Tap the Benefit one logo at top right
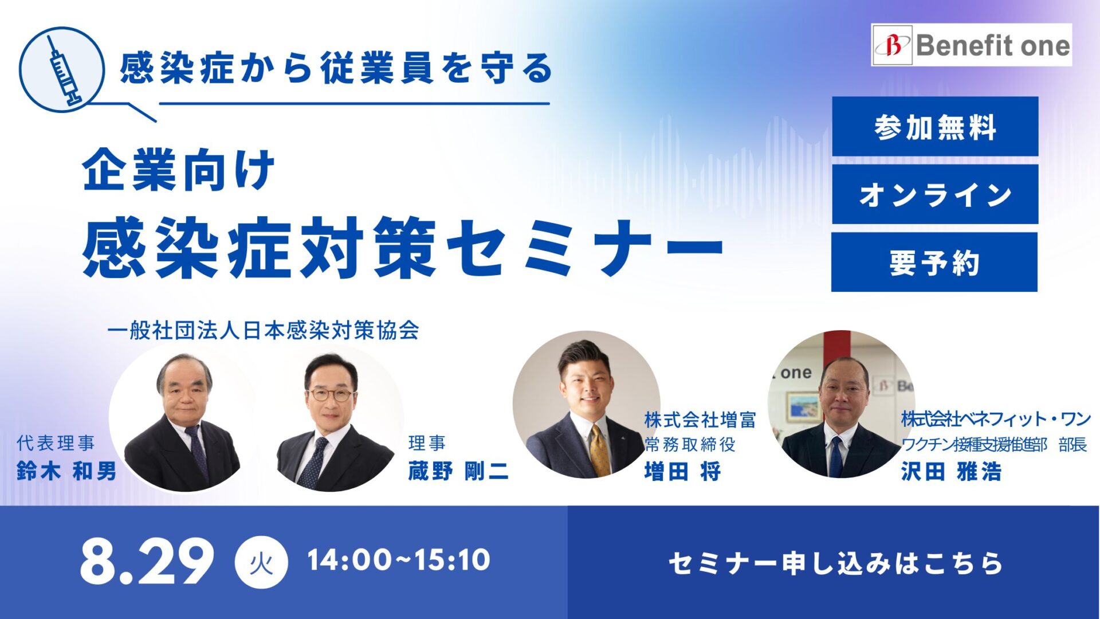tap(972, 45)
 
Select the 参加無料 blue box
tap(935, 126)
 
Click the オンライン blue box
tap(935, 194)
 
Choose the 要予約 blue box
tap(934, 262)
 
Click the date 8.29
tap(147, 561)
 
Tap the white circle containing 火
tap(261, 562)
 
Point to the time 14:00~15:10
tap(399, 560)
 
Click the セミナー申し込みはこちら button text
tap(836, 563)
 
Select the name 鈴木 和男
tap(67, 471)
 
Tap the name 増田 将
tap(682, 472)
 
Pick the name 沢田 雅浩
tap(951, 472)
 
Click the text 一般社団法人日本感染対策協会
tap(263, 331)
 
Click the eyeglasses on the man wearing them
tap(331, 395)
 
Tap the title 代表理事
tap(56, 443)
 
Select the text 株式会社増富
tap(700, 420)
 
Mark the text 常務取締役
tap(690, 445)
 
